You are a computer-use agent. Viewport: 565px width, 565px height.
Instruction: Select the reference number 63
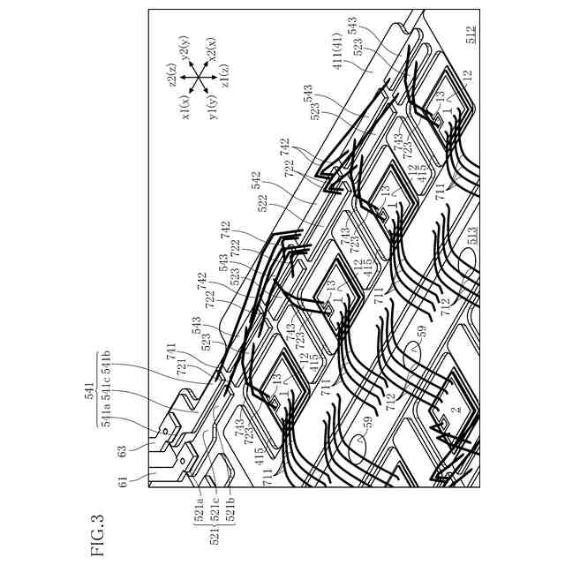(124, 451)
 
